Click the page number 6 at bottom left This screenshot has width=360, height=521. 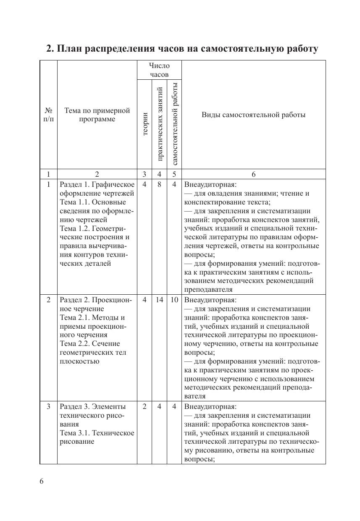(42, 481)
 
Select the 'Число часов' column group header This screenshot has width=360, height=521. (159, 70)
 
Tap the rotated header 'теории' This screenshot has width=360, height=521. (145, 124)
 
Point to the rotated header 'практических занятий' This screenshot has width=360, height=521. (160, 124)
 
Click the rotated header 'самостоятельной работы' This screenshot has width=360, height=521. (175, 124)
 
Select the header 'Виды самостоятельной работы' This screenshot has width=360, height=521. (253, 115)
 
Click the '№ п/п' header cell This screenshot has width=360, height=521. (48, 115)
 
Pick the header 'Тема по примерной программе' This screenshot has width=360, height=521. (97, 115)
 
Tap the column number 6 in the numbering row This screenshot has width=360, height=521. (253, 174)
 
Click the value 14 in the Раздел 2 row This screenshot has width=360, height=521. (160, 300)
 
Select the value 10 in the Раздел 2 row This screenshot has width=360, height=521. (174, 300)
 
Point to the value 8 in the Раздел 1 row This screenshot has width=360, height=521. (160, 184)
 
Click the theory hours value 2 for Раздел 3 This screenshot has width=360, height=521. (145, 406)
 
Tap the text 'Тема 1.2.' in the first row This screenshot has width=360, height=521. (74, 228)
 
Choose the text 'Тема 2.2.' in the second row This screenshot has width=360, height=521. (74, 343)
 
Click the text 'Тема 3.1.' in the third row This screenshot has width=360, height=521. (74, 433)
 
